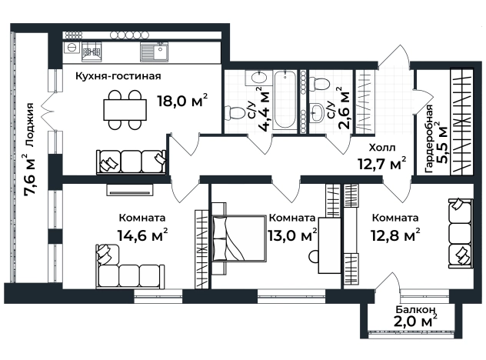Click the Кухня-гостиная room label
(x=118, y=76)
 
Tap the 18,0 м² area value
(x=182, y=101)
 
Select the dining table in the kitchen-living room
(x=125, y=109)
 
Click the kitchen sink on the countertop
(x=154, y=52)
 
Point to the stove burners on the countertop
(x=92, y=52)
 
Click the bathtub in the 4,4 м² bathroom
(x=285, y=99)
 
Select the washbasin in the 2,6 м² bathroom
(x=317, y=112)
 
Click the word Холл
(x=382, y=148)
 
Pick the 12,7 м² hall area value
(x=382, y=163)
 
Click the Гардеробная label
(x=429, y=139)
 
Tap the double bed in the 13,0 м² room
(x=239, y=238)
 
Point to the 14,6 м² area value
(x=143, y=235)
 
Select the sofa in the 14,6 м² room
(x=129, y=266)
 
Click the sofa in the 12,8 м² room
(x=461, y=233)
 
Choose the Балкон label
(x=416, y=310)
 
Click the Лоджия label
(x=31, y=125)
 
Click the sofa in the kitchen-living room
(x=131, y=162)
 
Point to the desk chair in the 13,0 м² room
(x=314, y=257)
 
